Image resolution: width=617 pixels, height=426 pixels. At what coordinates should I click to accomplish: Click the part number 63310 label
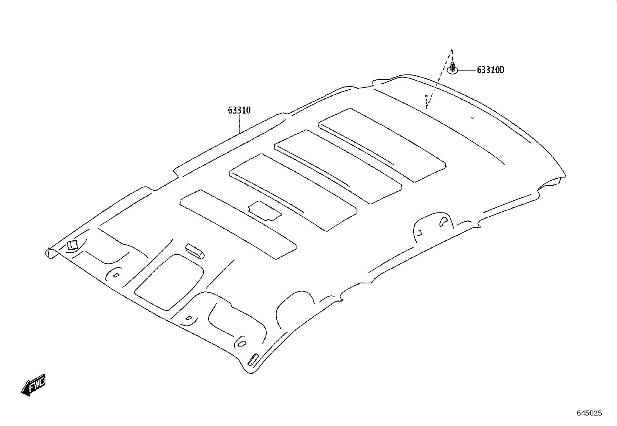click(x=239, y=110)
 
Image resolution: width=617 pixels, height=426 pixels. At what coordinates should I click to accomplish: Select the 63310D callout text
click(x=491, y=70)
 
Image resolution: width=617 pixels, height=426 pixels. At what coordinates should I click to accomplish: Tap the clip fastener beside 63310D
click(x=453, y=68)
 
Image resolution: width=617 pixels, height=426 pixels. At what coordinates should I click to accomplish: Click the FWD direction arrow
click(x=33, y=385)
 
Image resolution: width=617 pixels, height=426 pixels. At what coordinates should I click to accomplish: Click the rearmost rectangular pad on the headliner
click(x=382, y=145)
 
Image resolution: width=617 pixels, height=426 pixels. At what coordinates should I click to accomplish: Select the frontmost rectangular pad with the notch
click(x=238, y=224)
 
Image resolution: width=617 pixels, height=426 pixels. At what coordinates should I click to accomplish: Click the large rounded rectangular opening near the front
click(x=169, y=282)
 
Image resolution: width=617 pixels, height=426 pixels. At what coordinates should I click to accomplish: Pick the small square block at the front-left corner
click(x=72, y=245)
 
